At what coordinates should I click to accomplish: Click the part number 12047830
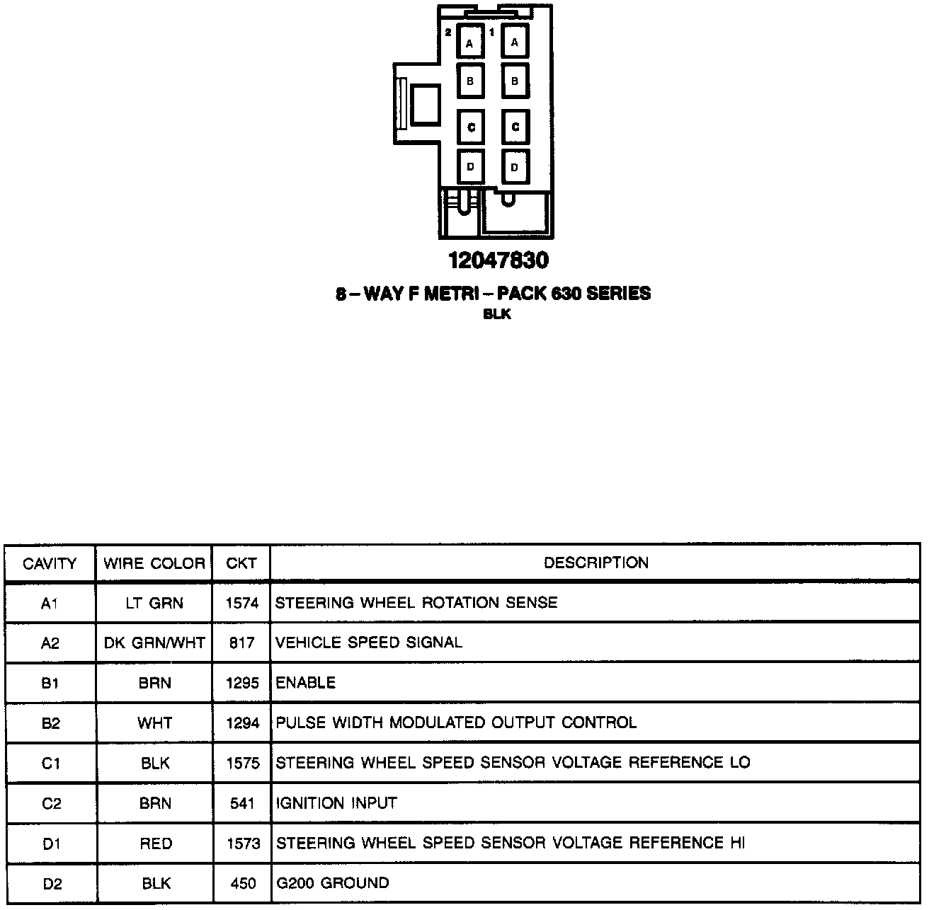pos(498,261)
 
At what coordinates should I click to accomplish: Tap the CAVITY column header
pos(50,564)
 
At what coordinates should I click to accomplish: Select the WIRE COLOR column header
pos(154,564)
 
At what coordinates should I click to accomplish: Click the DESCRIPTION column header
pos(595,563)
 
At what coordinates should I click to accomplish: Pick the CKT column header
pos(241,564)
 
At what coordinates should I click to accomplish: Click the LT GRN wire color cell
pos(154,604)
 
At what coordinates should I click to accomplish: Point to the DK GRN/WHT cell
pos(154,643)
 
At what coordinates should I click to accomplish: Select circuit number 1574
pos(242,604)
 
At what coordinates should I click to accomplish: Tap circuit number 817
pos(242,643)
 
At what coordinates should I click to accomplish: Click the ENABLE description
pos(305,683)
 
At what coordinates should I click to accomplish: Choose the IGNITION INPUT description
pos(336,804)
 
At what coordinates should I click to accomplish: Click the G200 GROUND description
pos(332,883)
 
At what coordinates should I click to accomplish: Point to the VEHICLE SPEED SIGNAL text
pos(368,643)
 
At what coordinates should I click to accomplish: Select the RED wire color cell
pos(155,843)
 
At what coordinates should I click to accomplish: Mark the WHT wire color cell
pos(155,723)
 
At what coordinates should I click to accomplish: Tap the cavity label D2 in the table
pos(51,884)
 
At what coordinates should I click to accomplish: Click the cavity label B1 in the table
pos(50,684)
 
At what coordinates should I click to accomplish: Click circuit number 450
pos(243,884)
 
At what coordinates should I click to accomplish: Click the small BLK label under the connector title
pos(497,315)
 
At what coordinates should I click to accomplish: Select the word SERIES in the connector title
pos(618,294)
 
